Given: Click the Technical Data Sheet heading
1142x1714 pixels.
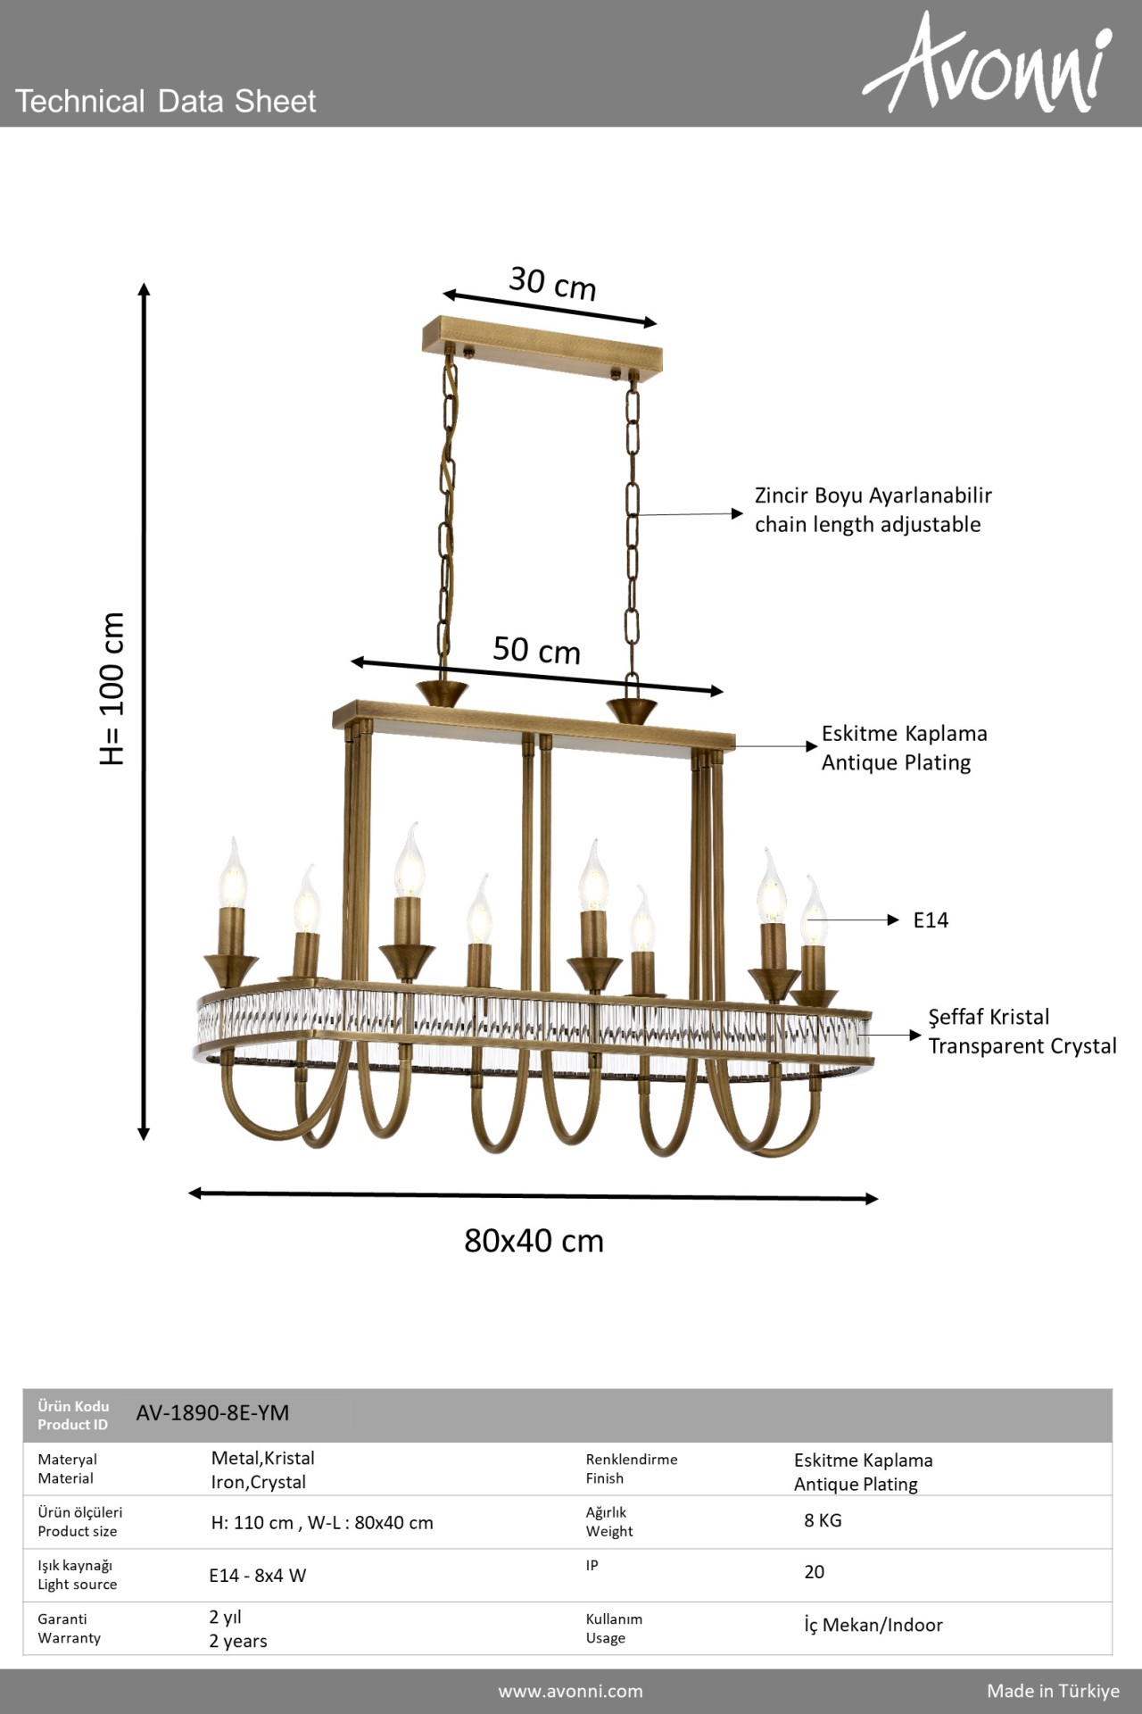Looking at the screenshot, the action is pos(166,101).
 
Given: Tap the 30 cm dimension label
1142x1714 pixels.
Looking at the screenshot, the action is pos(552,283).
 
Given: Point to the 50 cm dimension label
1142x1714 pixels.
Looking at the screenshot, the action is pos(536,650).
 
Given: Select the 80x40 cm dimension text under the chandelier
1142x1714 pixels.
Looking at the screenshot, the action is pos(534,1241).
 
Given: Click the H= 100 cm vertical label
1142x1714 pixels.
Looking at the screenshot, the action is pos(112,688).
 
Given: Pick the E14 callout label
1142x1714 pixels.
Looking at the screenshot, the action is pos(931,920).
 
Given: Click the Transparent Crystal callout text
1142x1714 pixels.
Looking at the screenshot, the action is pos(1022,1046).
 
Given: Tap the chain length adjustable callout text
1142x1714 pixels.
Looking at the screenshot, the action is pos(867,524).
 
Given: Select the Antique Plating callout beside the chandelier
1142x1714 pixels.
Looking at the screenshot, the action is pos(896,762).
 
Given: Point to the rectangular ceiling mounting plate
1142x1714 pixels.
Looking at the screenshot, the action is pos(542,345).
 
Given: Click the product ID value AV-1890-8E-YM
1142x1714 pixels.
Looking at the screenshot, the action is pos(212,1413).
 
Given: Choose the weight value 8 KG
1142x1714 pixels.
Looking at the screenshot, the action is pos(823,1520).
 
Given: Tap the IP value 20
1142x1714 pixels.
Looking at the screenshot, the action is pos(814,1572).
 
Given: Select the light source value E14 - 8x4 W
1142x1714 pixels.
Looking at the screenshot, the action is pos(258,1576).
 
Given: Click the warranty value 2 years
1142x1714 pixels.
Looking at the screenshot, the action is pos(238,1641).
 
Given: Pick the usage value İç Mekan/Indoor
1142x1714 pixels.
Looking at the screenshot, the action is pos(873,1625).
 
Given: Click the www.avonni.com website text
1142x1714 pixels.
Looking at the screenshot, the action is pos(570,1691).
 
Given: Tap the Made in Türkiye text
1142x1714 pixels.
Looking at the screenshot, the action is pos(1053,1691).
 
